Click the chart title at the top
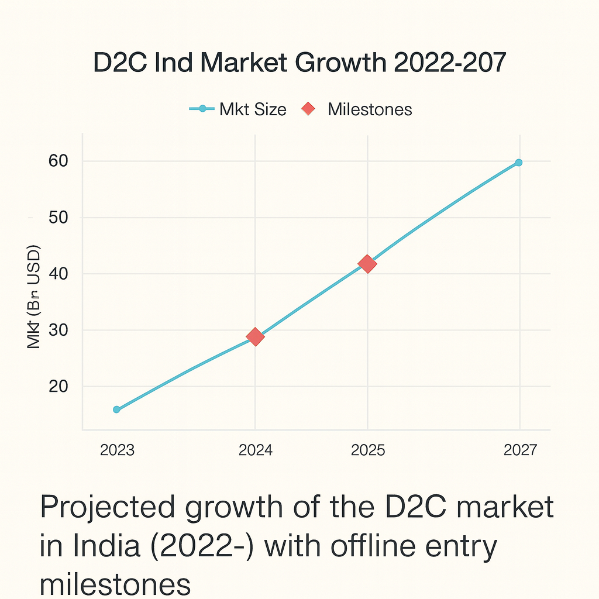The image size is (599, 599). coord(299,63)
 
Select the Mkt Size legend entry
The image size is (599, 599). coord(238,109)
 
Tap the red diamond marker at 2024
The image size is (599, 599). coord(255,336)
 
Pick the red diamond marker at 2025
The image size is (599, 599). coord(367,264)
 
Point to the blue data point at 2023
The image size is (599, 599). coord(116,409)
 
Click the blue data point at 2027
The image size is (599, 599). coord(518,163)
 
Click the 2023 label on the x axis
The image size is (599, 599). coord(117,450)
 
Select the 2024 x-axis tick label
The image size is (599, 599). coord(256,450)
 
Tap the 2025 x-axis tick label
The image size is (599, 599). coord(367,450)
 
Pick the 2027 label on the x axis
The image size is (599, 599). coord(519,450)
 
